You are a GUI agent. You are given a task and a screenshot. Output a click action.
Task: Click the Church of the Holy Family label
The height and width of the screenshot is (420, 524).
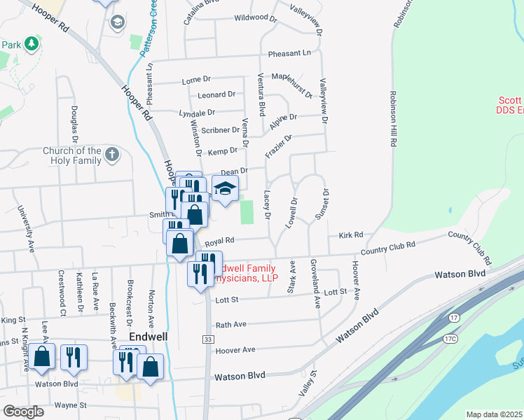[x=72, y=155]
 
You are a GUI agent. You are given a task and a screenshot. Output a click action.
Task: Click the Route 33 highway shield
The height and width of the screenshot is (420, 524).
[x=207, y=339]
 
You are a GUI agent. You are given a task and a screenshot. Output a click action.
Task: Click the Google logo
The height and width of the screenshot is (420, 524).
[x=23, y=412]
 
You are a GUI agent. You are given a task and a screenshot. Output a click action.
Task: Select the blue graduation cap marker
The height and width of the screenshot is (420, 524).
[x=225, y=188]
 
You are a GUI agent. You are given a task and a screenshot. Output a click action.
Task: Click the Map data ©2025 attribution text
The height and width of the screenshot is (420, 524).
[x=494, y=414]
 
